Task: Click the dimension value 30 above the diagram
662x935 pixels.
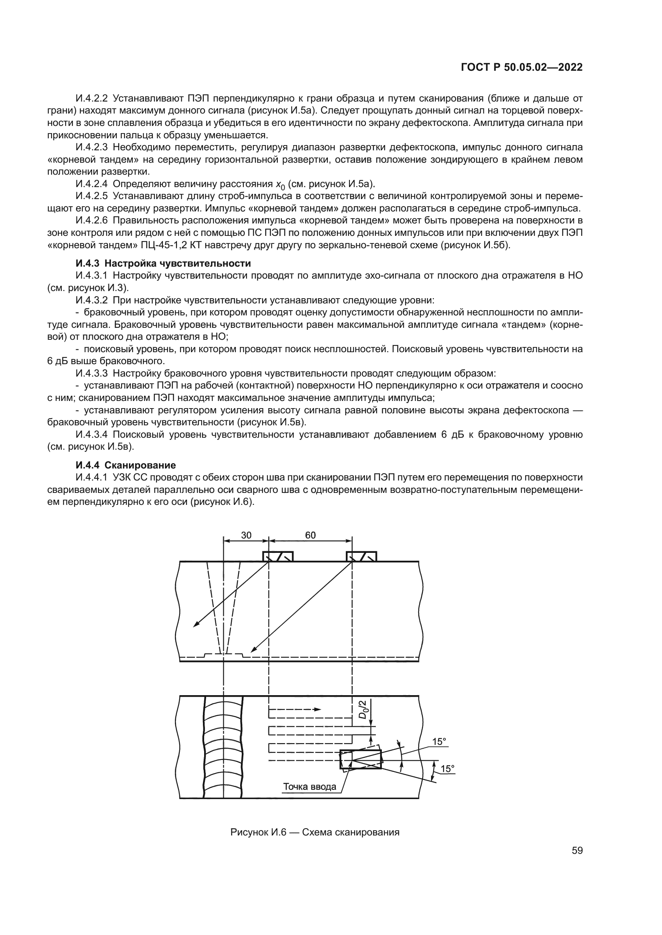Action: pos(246,535)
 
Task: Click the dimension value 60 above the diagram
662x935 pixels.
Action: pos(310,535)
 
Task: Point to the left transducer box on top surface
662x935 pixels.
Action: pos(278,557)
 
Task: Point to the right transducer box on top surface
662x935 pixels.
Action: pos(361,557)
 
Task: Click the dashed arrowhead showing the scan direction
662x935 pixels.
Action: pos(317,709)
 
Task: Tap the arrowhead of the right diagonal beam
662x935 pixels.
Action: pos(253,650)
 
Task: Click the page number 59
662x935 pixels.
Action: pos(577,850)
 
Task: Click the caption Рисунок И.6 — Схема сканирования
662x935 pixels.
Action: pos(315,832)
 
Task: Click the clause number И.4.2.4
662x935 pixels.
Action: pos(92,183)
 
